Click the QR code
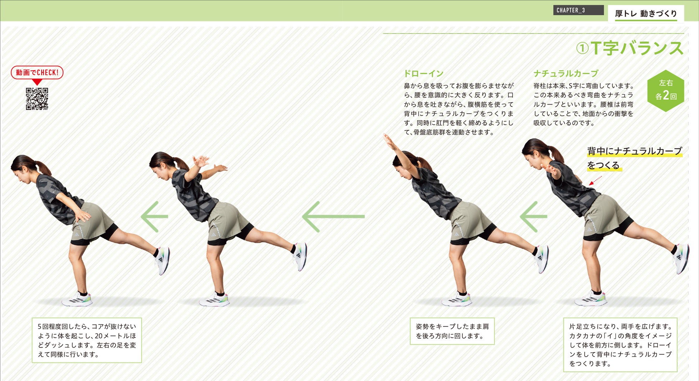coord(37,99)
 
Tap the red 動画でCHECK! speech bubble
coord(37,73)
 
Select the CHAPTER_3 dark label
coord(578,10)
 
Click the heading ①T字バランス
coord(629,48)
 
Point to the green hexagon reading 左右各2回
coord(666,91)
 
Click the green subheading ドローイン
coord(424,73)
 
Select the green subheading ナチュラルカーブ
coord(566,73)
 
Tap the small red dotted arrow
coord(596,180)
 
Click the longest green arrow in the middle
coord(333,216)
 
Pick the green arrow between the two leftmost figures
coord(154,216)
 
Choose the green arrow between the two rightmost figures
coord(533,216)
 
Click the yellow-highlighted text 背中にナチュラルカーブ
coord(634,151)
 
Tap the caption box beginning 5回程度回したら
coord(87,340)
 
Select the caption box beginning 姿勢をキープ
coord(452,331)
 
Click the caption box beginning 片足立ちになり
coord(620,345)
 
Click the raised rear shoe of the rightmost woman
coord(681,259)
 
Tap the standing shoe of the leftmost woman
coord(77,299)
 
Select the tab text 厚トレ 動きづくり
coord(646,14)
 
